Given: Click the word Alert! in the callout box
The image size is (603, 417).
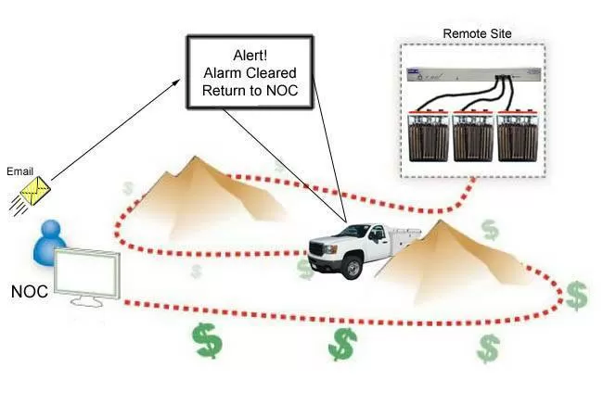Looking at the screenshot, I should click(x=250, y=55).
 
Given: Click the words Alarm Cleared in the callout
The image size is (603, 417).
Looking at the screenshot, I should click(x=250, y=73).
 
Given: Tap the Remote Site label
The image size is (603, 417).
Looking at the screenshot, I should click(x=477, y=34).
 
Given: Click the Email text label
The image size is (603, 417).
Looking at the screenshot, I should click(x=19, y=171).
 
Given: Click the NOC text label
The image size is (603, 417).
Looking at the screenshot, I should click(x=29, y=292).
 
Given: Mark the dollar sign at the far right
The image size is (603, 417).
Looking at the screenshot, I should click(x=576, y=295).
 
